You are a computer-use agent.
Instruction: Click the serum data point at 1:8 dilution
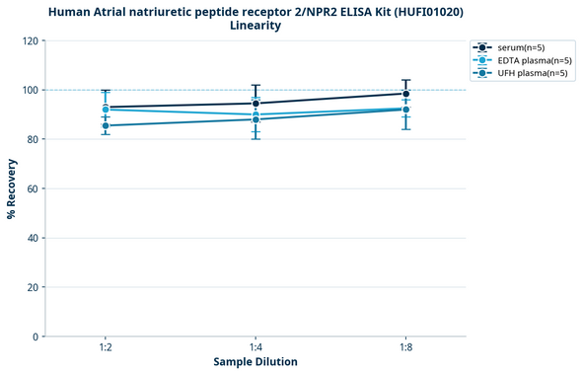[405, 94]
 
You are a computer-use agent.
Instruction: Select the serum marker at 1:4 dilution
[255, 104]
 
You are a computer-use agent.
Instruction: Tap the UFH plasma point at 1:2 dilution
[106, 125]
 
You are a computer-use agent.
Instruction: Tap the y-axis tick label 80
[32, 139]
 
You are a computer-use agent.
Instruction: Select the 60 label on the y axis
[32, 188]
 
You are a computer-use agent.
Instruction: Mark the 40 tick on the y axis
[32, 238]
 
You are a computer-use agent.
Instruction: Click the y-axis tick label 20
[32, 287]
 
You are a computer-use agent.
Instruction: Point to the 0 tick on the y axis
[35, 337]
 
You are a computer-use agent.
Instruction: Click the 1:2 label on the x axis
[106, 348]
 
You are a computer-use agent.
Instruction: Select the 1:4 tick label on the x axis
[255, 348]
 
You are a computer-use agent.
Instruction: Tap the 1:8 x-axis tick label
[405, 348]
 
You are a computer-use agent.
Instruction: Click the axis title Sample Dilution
[255, 362]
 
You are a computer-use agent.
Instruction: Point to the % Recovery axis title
[12, 188]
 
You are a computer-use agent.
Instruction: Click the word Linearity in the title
[255, 26]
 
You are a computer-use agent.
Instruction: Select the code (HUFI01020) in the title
[421, 12]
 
